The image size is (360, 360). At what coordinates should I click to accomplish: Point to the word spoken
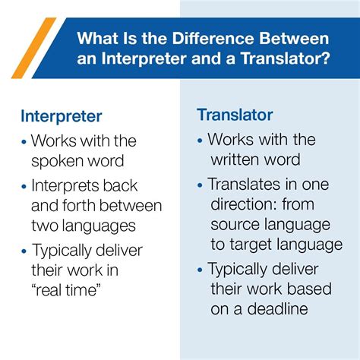[58, 162]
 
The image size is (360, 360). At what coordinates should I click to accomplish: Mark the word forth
[73, 205]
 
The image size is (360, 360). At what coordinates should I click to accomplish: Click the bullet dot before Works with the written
[200, 141]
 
